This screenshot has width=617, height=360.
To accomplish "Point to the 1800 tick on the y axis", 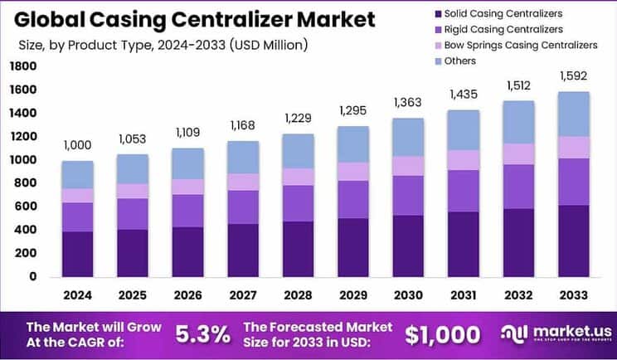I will click(23, 66).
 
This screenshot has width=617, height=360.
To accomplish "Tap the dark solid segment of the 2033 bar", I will click(573, 241).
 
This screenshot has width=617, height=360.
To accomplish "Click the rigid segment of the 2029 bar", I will click(352, 199).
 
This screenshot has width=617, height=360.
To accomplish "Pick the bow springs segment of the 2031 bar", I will click(462, 160).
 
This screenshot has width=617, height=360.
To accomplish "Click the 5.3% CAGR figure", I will click(203, 334).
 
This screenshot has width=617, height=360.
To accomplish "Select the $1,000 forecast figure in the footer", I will click(441, 334).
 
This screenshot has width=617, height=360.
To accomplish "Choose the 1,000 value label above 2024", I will click(77, 146).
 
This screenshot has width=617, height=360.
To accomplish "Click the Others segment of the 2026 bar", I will click(187, 163).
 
